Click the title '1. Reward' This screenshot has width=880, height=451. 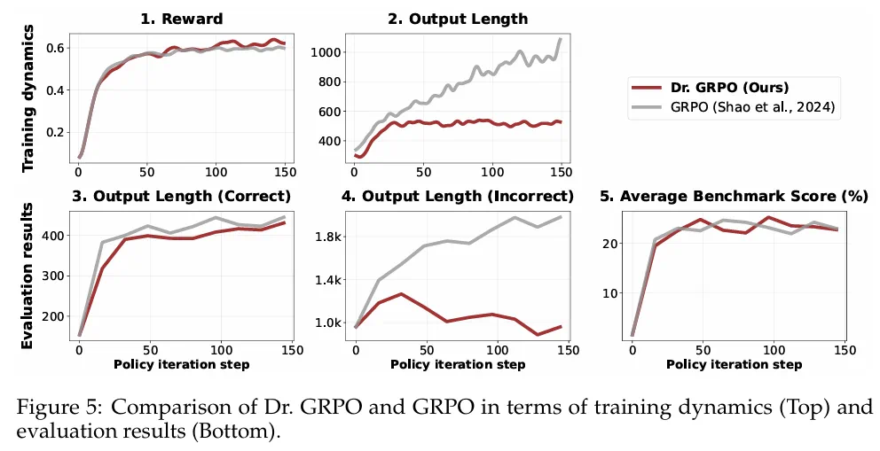[x=181, y=19]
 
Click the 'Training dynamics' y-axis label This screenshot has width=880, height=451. [x=28, y=97]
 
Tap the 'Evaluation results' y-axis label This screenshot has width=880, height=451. [x=28, y=276]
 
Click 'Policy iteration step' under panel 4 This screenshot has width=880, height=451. [x=453, y=364]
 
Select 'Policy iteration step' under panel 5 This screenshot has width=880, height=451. [x=729, y=364]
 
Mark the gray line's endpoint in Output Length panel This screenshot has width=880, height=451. [x=562, y=39]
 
